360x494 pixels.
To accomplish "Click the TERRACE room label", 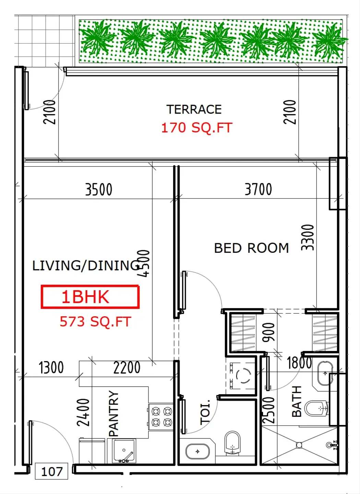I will (x=194, y=109).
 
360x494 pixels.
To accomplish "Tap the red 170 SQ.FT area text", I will (x=196, y=128).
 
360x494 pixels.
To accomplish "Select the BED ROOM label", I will (x=251, y=248).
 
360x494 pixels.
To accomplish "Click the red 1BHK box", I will (x=90, y=297).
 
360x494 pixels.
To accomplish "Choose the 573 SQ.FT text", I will (x=95, y=321).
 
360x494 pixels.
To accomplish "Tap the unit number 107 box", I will (x=52, y=471).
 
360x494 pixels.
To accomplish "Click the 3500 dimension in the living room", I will (x=99, y=189).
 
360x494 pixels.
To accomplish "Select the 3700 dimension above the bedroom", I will (x=258, y=189).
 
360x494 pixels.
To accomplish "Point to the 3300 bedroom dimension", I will (x=308, y=237).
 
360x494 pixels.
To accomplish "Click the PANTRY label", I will (x=113, y=413).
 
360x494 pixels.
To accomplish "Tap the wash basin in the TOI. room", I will (x=197, y=451).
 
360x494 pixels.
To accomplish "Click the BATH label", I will (x=297, y=401).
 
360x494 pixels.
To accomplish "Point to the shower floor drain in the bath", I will (x=299, y=445).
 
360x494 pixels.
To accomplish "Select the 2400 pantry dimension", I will (x=83, y=412).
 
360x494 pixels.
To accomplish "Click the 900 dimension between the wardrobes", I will (x=269, y=332).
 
